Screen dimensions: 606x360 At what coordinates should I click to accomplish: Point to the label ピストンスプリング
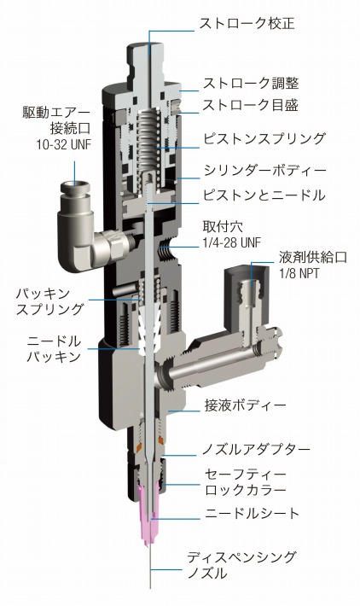pos(264,137)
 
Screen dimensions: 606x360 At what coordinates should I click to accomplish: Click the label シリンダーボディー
pos(264,170)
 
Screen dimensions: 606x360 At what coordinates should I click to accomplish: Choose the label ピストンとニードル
pos(263,195)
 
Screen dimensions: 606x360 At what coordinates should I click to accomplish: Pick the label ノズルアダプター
pos(256,448)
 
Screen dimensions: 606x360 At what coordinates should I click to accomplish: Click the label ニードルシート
pos(253,513)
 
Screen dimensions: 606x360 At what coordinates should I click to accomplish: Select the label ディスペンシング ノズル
pos(240,565)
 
